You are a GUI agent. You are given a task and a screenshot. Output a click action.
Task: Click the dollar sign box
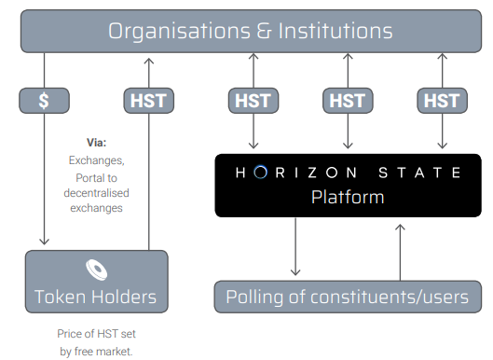(x=45, y=100)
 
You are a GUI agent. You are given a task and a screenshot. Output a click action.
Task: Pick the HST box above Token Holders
(x=149, y=100)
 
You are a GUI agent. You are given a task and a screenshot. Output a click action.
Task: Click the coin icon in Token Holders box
(x=97, y=269)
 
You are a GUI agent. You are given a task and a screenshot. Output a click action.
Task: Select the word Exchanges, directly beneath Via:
(x=97, y=160)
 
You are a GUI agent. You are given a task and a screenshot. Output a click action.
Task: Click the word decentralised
(x=97, y=193)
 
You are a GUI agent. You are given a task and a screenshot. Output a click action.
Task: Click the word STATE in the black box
(x=425, y=173)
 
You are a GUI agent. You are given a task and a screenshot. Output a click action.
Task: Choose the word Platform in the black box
(x=348, y=198)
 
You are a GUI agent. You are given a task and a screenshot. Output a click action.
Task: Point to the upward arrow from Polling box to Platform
(x=400, y=248)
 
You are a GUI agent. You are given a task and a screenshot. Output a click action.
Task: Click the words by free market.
(x=97, y=350)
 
